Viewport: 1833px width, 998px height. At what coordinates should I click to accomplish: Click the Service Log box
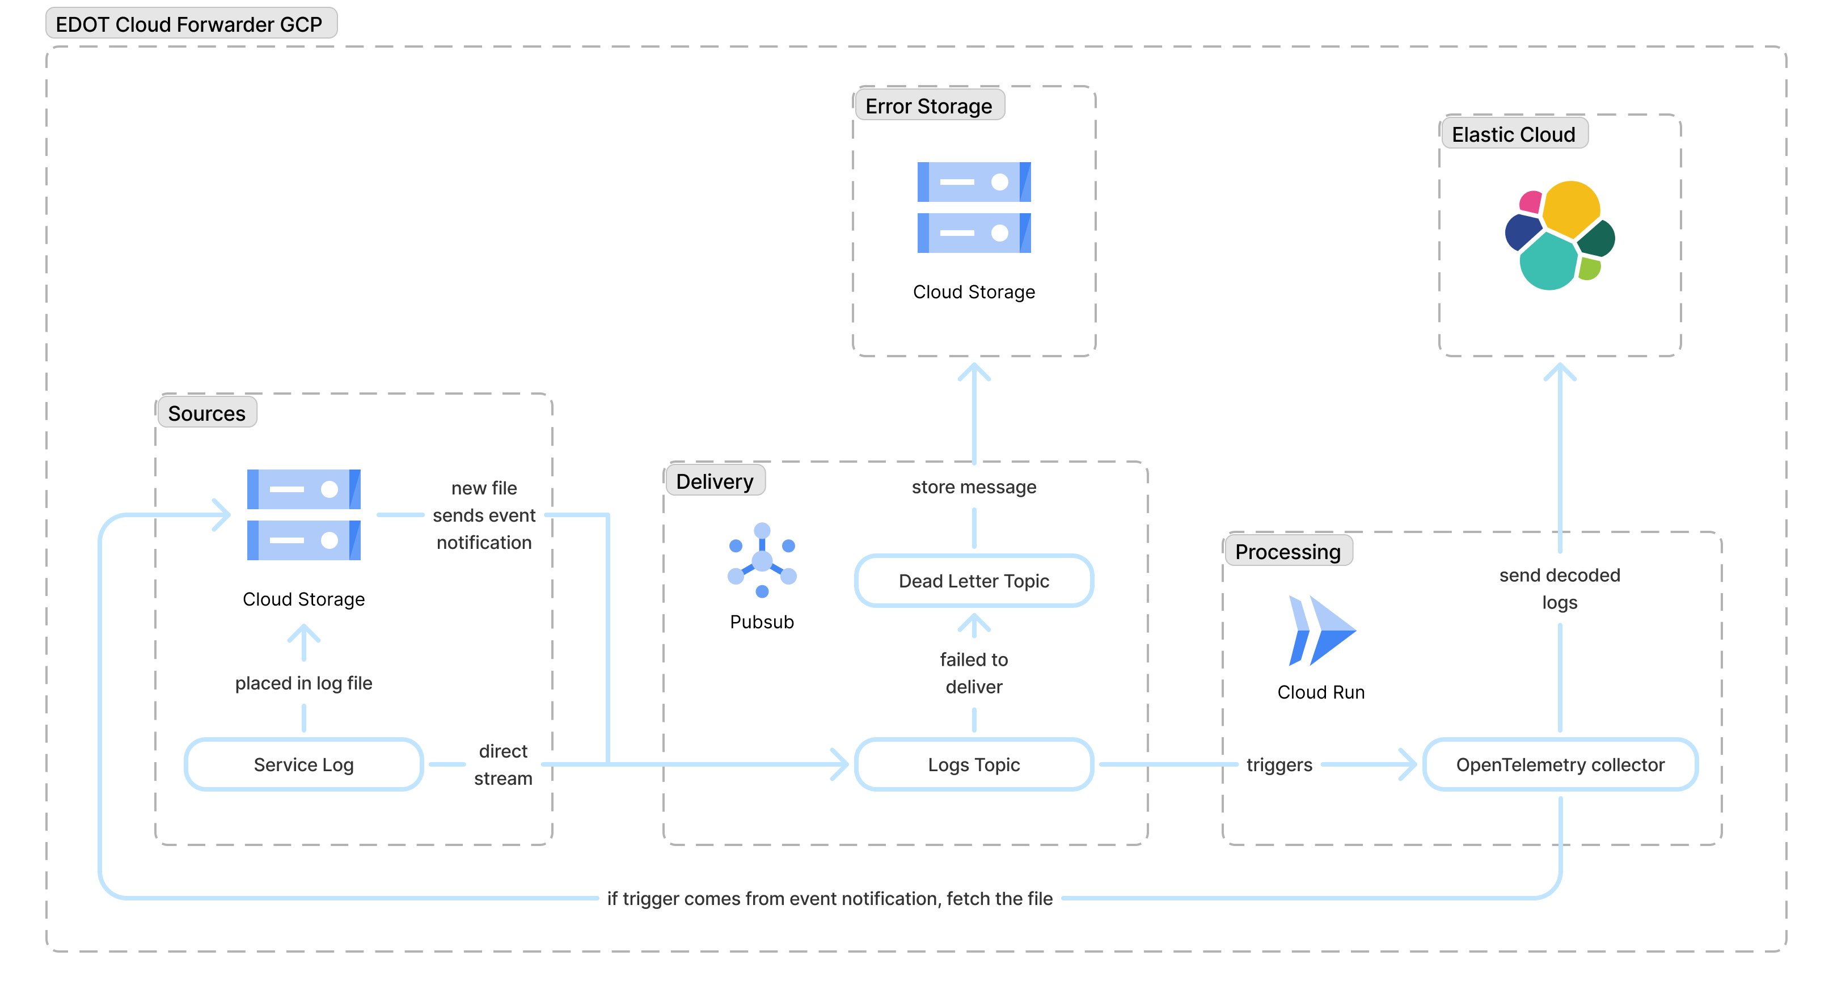click(304, 765)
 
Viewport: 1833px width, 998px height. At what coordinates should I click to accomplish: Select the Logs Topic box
click(973, 765)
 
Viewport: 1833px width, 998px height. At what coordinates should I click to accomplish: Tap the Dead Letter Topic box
click(973, 581)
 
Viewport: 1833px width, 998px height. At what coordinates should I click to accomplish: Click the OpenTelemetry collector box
click(1560, 765)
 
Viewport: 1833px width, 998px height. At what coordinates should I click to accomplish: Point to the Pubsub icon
click(761, 561)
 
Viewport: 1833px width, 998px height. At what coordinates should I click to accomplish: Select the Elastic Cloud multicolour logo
click(1560, 235)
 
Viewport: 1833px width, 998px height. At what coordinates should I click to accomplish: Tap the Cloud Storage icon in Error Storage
click(973, 208)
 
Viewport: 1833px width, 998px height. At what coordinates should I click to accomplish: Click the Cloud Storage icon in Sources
click(304, 515)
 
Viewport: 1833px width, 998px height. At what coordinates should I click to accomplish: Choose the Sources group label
click(206, 413)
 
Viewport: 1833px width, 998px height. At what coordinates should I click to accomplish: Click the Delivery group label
click(715, 481)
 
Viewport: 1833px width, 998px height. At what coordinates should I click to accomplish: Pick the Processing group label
click(1287, 552)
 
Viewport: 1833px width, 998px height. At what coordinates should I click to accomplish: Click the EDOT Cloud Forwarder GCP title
click(189, 24)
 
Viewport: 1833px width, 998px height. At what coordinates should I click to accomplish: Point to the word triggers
click(1279, 765)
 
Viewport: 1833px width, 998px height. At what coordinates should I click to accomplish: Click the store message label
click(973, 487)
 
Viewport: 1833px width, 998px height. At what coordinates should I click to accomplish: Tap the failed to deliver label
click(973, 673)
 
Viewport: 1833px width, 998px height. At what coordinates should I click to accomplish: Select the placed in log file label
click(304, 683)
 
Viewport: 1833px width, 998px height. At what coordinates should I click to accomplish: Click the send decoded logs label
click(1559, 588)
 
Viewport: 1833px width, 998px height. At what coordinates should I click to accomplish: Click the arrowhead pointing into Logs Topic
click(842, 765)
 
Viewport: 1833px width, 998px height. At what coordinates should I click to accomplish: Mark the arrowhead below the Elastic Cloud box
click(1560, 371)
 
